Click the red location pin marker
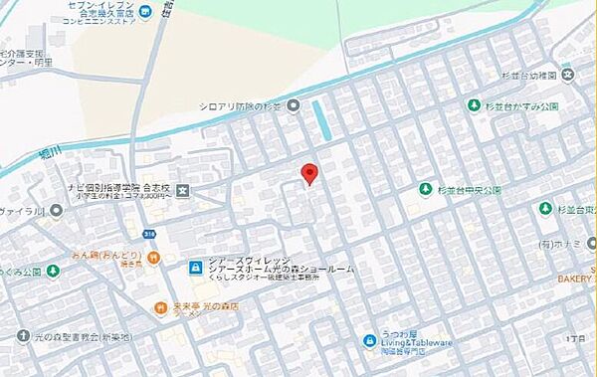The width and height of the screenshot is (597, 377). [309, 173]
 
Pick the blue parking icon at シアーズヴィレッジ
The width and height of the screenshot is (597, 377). [196, 267]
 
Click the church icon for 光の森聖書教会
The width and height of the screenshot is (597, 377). [21, 337]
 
